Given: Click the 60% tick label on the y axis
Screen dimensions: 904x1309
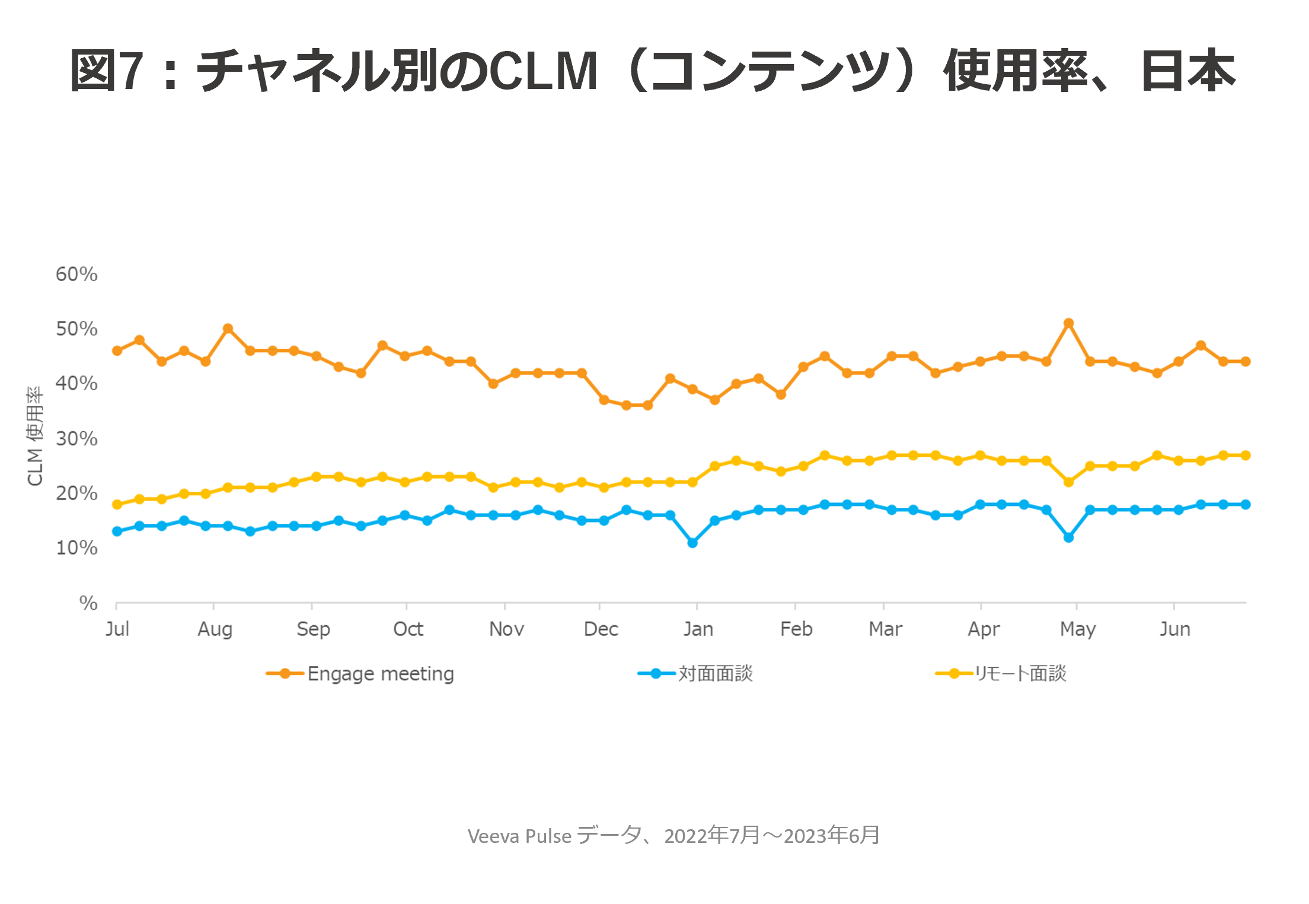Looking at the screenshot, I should coord(76,274).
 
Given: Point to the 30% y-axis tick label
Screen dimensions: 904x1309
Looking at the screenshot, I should coord(76,438).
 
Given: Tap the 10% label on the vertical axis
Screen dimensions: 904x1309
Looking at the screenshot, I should coord(76,548).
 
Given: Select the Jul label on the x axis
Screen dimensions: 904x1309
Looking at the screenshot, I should coord(117,629).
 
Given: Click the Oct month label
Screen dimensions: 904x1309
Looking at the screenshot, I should coord(408,629).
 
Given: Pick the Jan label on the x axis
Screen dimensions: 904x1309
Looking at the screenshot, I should coord(698,629).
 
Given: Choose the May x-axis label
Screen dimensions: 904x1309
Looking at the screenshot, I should coord(1077,629).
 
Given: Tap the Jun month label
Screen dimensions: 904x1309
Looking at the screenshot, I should coord(1174,629).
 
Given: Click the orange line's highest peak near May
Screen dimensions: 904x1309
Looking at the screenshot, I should coord(1068,323).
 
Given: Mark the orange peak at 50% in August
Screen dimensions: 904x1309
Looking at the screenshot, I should coord(228,329).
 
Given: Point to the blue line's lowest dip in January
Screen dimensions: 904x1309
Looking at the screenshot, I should coord(692,543).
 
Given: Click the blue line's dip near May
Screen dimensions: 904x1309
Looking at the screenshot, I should coord(1068,537).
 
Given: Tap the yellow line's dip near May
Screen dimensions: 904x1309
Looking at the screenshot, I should coord(1068,482).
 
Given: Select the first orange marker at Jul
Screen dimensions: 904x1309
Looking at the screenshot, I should coord(117,351).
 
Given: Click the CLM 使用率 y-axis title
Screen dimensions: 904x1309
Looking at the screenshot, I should coord(35,436).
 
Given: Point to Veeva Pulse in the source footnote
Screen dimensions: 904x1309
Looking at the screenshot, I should coord(519,836).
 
